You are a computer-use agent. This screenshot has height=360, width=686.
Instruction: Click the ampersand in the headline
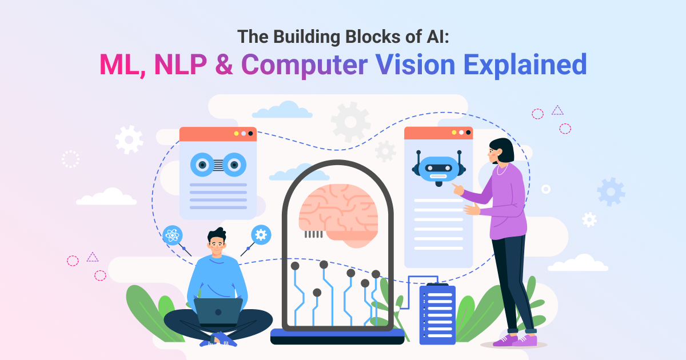pyautogui.click(x=225, y=65)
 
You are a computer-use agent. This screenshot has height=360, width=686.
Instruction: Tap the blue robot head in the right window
pyautogui.click(x=438, y=170)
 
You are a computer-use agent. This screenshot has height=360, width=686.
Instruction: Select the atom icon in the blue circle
pyautogui.click(x=171, y=235)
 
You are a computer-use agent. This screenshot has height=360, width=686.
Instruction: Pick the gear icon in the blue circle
pyautogui.click(x=261, y=234)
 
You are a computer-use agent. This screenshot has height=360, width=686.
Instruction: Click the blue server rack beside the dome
pyautogui.click(x=437, y=314)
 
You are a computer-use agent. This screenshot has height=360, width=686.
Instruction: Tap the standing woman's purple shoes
pyautogui.click(x=514, y=341)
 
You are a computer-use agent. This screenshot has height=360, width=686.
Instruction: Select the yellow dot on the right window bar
pyautogui.click(x=454, y=133)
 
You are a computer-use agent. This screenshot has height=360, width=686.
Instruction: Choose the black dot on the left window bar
pyautogui.click(x=250, y=133)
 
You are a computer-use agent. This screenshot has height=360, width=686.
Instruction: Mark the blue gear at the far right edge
pyautogui.click(x=611, y=192)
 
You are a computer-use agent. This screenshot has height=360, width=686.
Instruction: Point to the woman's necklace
pyautogui.click(x=501, y=170)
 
